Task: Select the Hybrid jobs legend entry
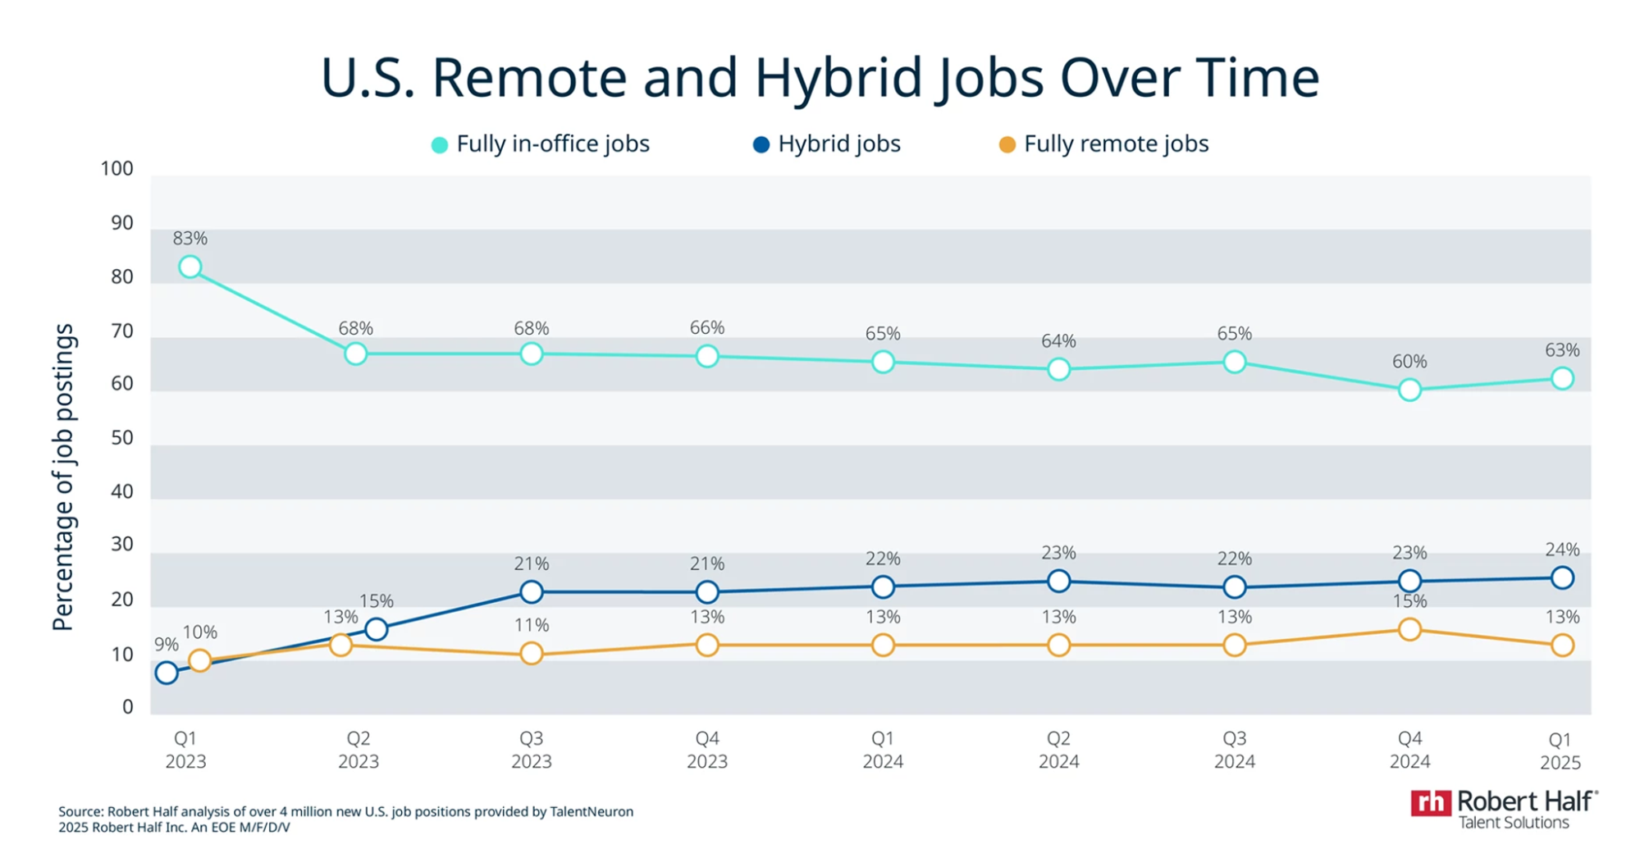point(827,144)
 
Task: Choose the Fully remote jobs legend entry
point(1103,144)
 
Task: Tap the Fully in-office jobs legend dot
point(440,145)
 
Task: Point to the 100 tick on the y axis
point(116,169)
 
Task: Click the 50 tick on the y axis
point(122,437)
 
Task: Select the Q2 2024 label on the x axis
point(1058,750)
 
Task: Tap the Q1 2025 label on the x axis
point(1560,751)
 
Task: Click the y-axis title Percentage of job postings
point(63,477)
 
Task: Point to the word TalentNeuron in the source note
point(592,811)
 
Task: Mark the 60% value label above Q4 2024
point(1409,361)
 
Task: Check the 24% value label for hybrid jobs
point(1562,550)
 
